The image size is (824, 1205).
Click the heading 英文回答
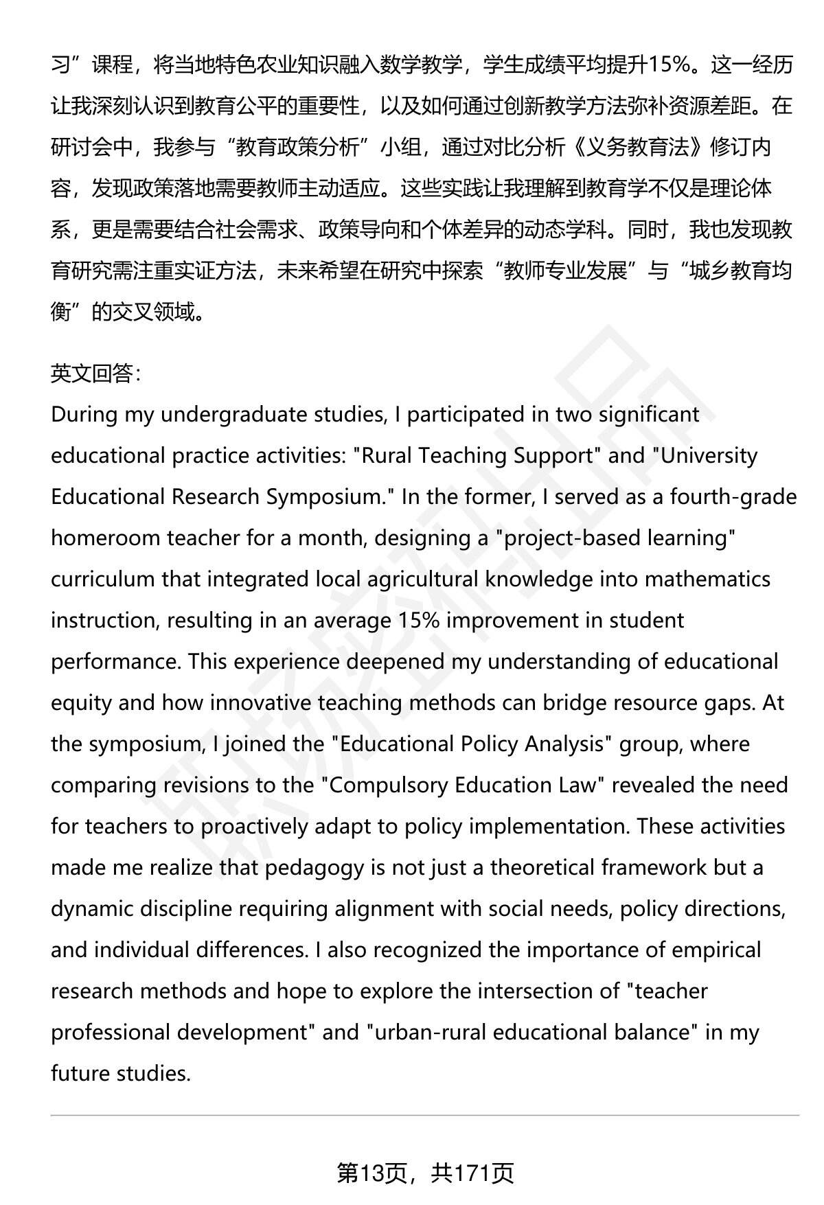[x=95, y=374]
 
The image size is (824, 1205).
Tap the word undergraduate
[x=234, y=415]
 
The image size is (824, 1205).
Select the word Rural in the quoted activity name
[x=387, y=456]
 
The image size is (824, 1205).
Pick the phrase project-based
[x=563, y=538]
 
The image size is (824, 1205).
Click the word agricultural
[x=422, y=579]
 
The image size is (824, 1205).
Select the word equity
[x=80, y=703]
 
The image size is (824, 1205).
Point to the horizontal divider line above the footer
[x=424, y=1116]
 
